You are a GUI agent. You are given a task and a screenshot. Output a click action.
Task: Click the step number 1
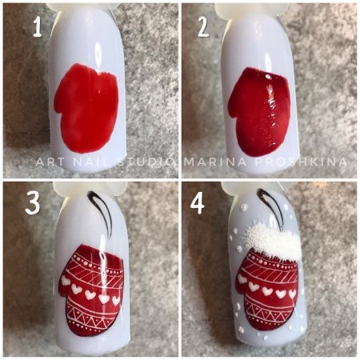click(x=38, y=27)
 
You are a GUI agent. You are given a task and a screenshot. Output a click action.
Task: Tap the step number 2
click(x=203, y=27)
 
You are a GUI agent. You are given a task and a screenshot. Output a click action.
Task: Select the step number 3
click(x=33, y=204)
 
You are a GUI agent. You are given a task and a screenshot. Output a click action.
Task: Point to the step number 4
click(x=198, y=204)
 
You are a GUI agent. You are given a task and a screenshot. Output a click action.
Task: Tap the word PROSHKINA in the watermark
click(x=302, y=162)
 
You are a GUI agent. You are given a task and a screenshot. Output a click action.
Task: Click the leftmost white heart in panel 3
click(x=66, y=280)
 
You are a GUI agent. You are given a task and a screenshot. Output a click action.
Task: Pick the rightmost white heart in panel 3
click(x=116, y=300)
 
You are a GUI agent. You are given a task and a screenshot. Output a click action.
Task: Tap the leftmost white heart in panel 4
click(x=242, y=279)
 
